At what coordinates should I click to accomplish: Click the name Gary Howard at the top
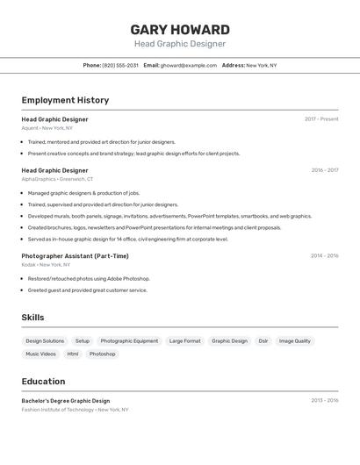click(x=180, y=29)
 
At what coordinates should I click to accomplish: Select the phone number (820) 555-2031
click(x=120, y=65)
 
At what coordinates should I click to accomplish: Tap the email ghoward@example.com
click(x=189, y=65)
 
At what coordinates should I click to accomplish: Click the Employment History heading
click(x=65, y=100)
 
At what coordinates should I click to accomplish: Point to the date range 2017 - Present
click(x=321, y=118)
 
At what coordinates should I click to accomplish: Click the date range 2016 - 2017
click(x=324, y=170)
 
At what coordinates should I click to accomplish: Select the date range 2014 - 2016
click(x=324, y=255)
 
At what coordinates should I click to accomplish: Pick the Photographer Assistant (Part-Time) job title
click(x=75, y=256)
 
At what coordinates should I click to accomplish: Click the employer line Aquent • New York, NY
click(x=47, y=128)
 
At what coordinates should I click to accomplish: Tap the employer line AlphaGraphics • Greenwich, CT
click(x=57, y=179)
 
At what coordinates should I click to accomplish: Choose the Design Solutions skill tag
click(x=45, y=340)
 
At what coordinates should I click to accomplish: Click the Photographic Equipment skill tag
click(x=129, y=340)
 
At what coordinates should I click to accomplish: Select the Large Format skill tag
click(x=184, y=340)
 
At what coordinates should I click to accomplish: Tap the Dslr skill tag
click(x=263, y=340)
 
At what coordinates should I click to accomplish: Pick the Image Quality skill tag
click(x=294, y=340)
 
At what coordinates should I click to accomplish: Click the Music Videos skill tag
click(x=40, y=354)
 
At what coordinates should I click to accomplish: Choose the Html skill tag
click(x=73, y=354)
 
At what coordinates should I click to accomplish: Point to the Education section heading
click(x=43, y=382)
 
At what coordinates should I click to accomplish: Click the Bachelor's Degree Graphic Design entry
click(x=66, y=400)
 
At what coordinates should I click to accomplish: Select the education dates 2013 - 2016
click(x=324, y=400)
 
